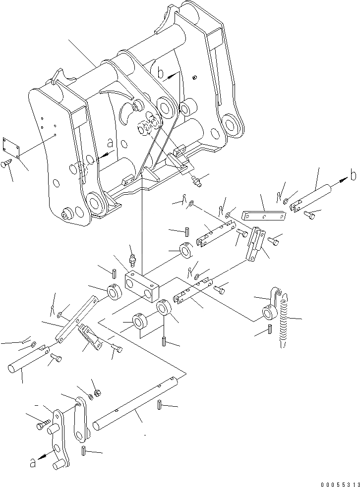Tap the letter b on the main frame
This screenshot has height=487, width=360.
tap(161, 74)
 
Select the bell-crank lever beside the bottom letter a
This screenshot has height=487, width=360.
tap(59, 436)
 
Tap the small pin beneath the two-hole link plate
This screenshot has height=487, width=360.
tap(83, 450)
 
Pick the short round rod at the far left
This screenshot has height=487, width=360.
tap(28, 360)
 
